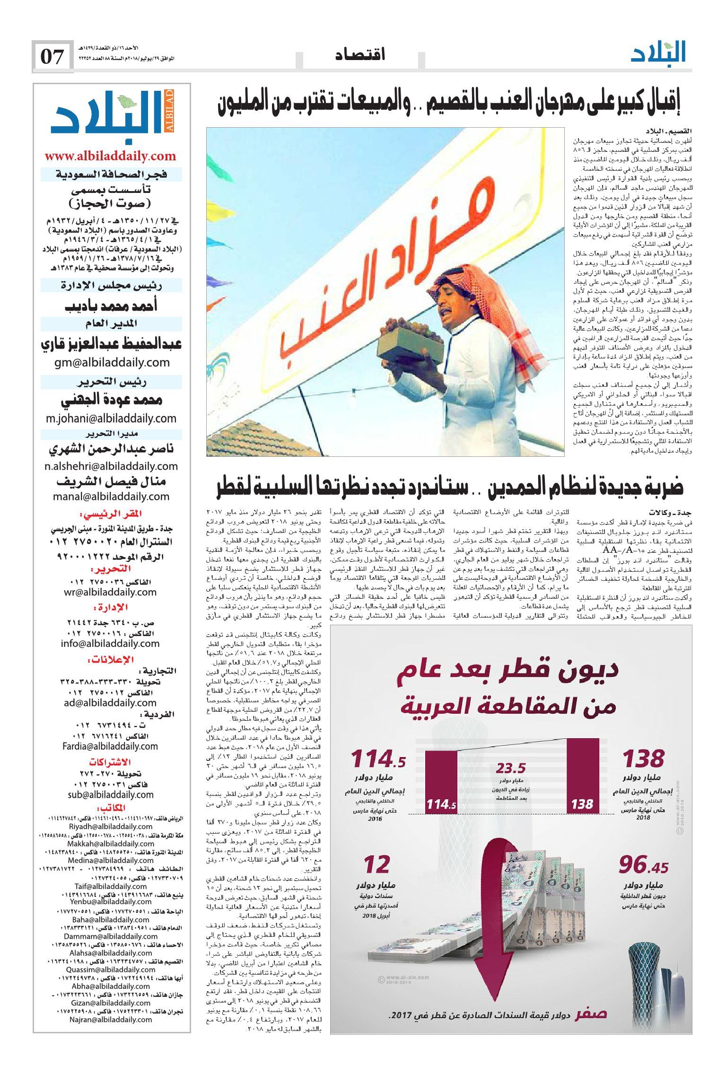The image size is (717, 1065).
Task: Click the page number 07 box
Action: click(x=52, y=57)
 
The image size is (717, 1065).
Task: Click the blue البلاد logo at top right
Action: click(x=658, y=53)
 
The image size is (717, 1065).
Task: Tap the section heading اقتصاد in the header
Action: click(x=360, y=55)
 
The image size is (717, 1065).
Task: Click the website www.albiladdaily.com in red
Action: click(x=110, y=156)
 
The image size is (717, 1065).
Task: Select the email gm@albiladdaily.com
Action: click(x=111, y=363)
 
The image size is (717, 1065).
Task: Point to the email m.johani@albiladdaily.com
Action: click(x=111, y=419)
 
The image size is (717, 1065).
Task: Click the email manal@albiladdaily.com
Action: click(x=111, y=497)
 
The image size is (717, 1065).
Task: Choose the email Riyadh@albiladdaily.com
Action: click(x=111, y=827)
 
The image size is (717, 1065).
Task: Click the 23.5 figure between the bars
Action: click(x=511, y=768)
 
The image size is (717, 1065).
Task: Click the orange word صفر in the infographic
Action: click(x=590, y=1013)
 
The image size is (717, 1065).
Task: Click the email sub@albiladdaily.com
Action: click(x=111, y=794)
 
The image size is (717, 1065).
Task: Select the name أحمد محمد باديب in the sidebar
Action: click(x=111, y=306)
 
